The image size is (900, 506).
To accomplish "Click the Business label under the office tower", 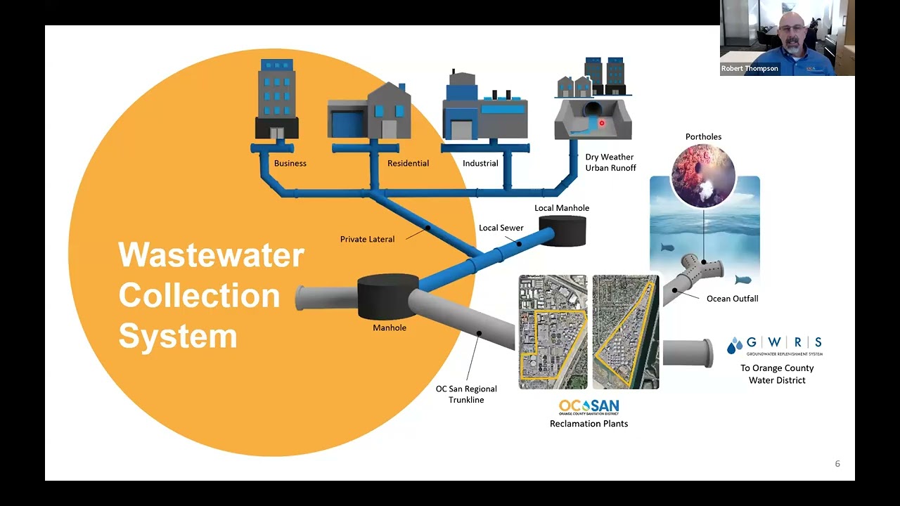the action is tap(290, 164).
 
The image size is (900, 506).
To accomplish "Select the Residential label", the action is tap(408, 164).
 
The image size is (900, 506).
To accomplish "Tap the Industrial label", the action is tap(480, 164).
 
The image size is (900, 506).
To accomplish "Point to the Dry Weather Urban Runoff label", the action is tap(610, 162).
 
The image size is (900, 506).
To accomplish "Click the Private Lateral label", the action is tap(367, 240).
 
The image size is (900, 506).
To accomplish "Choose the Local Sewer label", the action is tap(501, 228).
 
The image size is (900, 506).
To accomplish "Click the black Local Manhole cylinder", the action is tap(562, 231).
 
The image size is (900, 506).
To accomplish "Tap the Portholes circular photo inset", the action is tap(704, 176).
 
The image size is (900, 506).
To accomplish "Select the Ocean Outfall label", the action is tap(733, 299).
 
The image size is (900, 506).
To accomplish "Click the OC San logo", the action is tap(589, 407).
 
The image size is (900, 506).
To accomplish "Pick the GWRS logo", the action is tap(775, 346).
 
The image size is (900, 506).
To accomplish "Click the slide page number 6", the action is tap(837, 464).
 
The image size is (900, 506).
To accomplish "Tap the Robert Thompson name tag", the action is tap(750, 69).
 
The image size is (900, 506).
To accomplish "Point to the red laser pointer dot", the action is tap(602, 123).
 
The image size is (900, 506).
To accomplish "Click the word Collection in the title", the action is tap(199, 295).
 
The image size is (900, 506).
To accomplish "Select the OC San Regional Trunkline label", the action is tap(466, 394).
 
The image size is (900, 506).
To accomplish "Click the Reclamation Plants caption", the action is tap(589, 424).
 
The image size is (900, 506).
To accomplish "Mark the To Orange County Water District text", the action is tap(777, 375).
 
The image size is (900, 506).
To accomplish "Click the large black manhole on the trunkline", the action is tap(387, 297).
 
